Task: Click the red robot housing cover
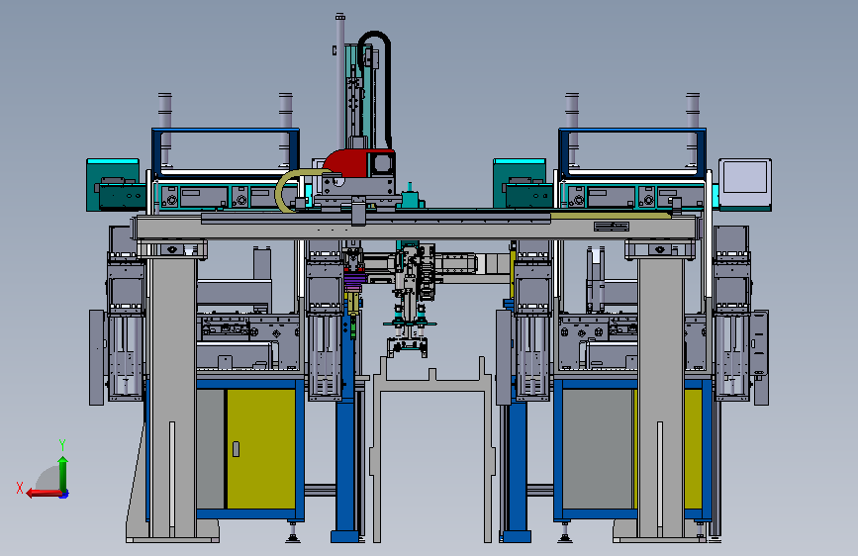[350, 162]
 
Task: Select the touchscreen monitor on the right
[745, 184]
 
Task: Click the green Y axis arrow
[63, 474]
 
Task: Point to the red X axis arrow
[45, 494]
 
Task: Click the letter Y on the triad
[62, 445]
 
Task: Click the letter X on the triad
[20, 488]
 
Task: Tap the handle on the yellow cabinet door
[236, 449]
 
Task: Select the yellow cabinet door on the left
[260, 449]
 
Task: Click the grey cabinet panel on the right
[598, 449]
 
